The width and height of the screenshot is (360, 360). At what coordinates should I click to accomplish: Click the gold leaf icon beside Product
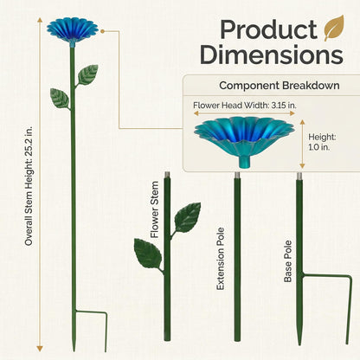(334, 29)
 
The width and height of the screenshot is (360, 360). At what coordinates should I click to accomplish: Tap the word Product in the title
(268, 29)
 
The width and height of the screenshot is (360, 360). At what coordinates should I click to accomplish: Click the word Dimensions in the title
(272, 55)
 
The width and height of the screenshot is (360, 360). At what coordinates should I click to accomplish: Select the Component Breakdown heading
(280, 86)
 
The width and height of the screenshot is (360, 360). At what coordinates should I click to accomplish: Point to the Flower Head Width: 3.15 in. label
(245, 106)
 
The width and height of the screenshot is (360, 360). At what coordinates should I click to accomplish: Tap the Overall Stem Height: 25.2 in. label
(29, 185)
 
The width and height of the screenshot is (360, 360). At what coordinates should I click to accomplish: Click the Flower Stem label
(155, 209)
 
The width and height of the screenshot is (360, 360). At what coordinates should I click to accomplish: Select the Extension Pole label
(221, 259)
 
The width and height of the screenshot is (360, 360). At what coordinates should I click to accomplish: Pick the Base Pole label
(288, 261)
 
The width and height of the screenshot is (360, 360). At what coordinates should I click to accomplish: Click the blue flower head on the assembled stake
(73, 29)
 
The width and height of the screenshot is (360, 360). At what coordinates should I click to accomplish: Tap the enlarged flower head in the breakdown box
(244, 138)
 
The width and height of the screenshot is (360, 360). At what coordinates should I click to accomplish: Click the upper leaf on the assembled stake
(88, 74)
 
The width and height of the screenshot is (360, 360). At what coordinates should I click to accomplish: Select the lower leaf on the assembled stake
(60, 98)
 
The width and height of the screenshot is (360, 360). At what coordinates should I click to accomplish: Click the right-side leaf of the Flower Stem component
(188, 217)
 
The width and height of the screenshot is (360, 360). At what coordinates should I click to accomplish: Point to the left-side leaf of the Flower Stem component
(148, 254)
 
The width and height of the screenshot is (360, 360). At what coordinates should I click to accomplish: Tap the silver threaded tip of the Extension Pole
(237, 176)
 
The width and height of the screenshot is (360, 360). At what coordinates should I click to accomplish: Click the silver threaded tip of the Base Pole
(299, 176)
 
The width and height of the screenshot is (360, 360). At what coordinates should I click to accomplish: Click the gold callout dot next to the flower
(102, 30)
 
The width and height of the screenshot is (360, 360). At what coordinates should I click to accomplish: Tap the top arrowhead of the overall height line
(40, 20)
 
